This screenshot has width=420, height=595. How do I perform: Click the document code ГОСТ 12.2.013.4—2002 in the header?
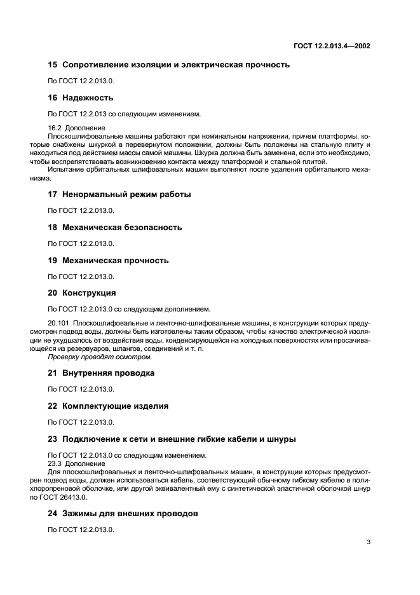332,46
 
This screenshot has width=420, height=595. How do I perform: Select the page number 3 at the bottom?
368,542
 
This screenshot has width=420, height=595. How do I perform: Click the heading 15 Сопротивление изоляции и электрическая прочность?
169,65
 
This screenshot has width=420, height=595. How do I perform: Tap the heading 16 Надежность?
81,98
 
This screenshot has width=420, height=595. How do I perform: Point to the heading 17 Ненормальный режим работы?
119,195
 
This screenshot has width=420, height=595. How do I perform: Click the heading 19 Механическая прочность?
109,261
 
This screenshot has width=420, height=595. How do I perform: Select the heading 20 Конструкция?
82,294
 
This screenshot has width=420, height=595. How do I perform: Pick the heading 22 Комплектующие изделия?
108,406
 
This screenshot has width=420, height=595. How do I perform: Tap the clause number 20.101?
59,324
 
